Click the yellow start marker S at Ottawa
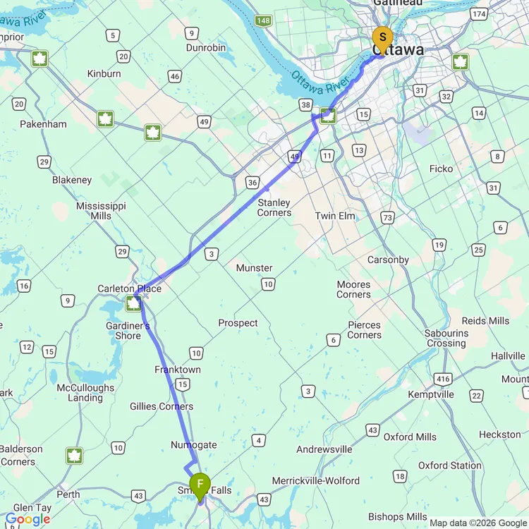(382, 37)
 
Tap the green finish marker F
(200, 484)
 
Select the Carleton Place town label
(130, 288)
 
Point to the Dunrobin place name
(206, 48)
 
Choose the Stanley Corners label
(274, 208)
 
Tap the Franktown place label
(178, 370)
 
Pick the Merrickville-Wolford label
(317, 481)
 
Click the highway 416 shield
(442, 379)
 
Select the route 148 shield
(263, 21)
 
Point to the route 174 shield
(480, 14)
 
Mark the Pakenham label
(44, 124)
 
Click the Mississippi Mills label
(101, 210)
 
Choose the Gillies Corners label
(162, 406)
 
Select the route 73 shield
(387, 218)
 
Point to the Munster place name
(254, 268)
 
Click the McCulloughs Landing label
(85, 393)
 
